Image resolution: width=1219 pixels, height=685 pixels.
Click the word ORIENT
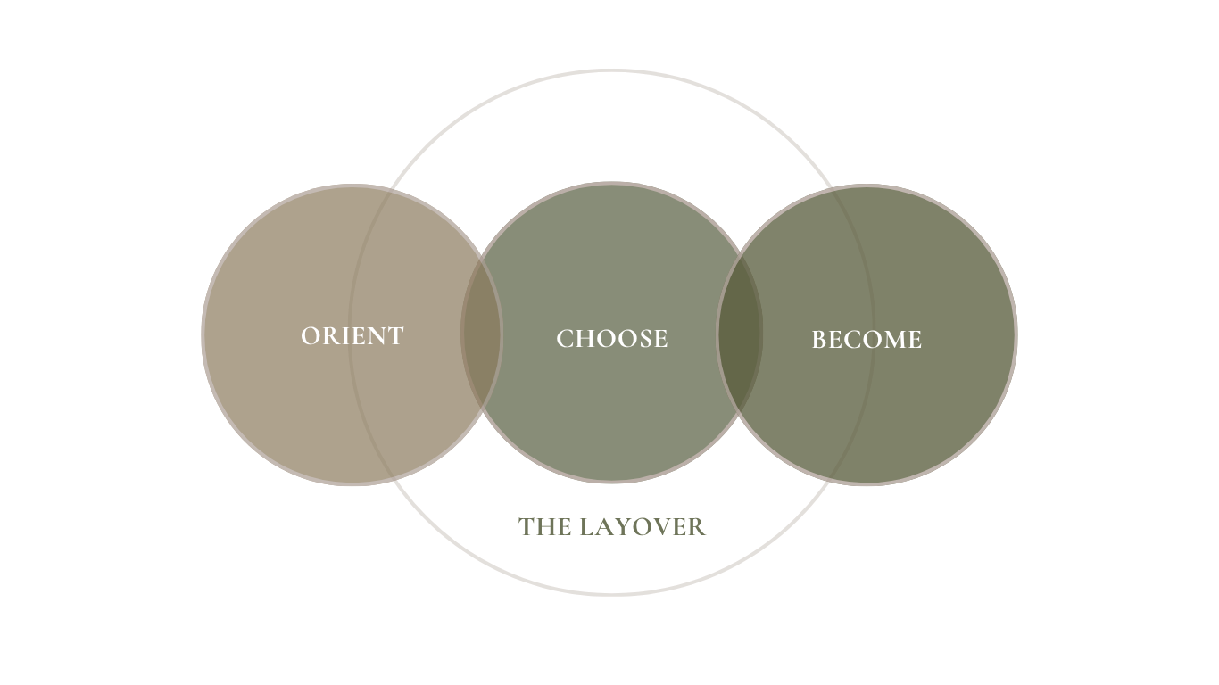pos(352,336)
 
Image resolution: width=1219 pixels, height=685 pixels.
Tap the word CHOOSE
pos(611,339)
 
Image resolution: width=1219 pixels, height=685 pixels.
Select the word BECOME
pos(867,340)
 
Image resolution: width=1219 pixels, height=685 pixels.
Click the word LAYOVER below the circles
pos(643,527)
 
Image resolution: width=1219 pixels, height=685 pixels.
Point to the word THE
pos(544,527)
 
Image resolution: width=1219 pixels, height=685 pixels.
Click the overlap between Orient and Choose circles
pos(481,333)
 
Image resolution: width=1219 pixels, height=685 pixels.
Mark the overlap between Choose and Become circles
pos(740,333)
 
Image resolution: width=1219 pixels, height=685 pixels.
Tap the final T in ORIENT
pos(395,336)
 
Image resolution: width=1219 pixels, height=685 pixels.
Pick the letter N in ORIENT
pos(375,336)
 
